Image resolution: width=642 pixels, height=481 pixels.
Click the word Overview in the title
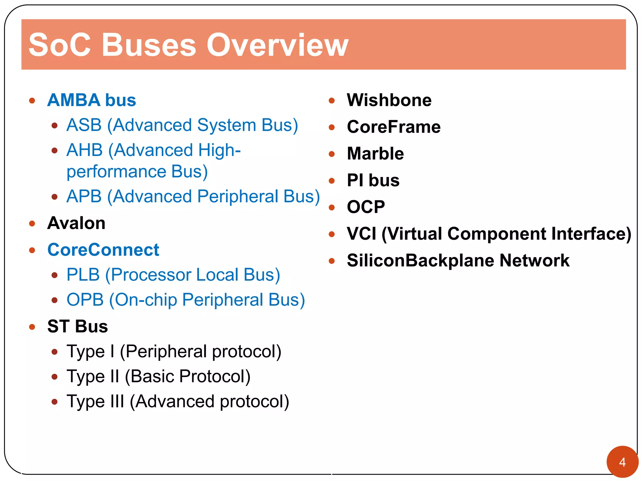(277, 45)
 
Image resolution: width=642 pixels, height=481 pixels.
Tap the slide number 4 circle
(622, 462)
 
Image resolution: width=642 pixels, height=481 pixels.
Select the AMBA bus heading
(92, 100)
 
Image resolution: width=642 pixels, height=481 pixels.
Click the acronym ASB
(84, 125)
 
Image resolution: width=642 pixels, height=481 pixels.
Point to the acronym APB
(84, 197)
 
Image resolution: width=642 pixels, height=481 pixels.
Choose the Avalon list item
(76, 223)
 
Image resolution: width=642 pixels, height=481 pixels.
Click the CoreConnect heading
(103, 250)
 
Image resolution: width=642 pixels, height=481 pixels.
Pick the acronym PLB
(83, 275)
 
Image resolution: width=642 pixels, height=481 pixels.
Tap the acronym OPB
(85, 300)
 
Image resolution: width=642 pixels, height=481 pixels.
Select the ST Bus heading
(77, 327)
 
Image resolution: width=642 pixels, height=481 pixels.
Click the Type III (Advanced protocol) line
(178, 401)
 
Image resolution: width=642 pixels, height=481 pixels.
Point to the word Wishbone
(389, 100)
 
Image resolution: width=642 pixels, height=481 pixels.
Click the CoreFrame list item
(394, 127)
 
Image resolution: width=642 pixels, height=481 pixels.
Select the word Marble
(375, 153)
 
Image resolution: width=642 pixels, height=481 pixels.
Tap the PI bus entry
(373, 180)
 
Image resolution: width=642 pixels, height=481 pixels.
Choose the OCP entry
(366, 207)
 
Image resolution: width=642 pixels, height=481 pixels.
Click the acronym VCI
(361, 234)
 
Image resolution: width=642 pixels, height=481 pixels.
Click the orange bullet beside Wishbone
(332, 101)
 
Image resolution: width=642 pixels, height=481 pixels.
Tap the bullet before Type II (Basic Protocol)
(55, 377)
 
